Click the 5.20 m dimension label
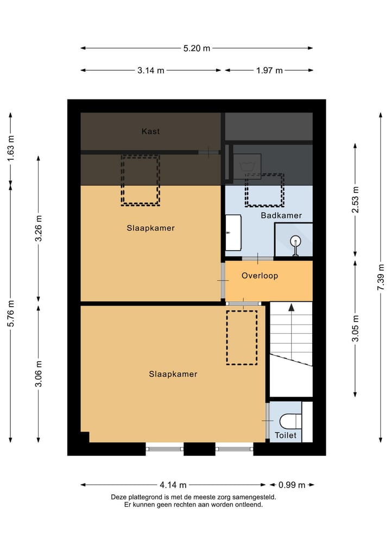(x=197, y=48)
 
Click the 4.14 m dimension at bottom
(x=173, y=485)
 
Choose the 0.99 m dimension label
(x=292, y=485)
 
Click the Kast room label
(x=150, y=131)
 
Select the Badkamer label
(x=281, y=216)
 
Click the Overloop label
(x=260, y=276)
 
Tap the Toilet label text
(x=286, y=436)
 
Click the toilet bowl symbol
(x=290, y=421)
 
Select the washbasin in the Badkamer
(x=233, y=233)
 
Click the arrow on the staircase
(x=291, y=308)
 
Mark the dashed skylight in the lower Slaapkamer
(x=242, y=337)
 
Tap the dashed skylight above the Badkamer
(x=264, y=190)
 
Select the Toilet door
(x=267, y=421)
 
